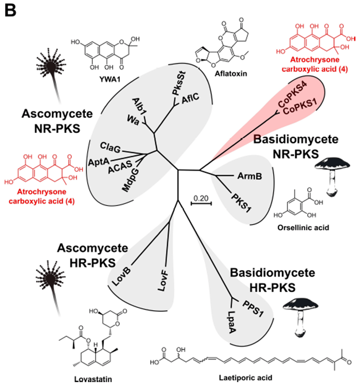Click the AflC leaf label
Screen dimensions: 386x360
click(x=190, y=99)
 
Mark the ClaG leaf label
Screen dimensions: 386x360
click(x=111, y=147)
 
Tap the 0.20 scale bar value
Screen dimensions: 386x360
click(x=201, y=197)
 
